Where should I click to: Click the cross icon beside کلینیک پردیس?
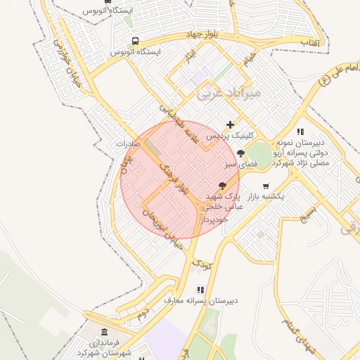pyautogui.click(x=230, y=124)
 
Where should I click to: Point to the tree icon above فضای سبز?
pyautogui.click(x=241, y=153)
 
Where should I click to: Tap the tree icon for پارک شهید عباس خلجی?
pyautogui.click(x=223, y=186)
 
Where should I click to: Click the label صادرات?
pyautogui.click(x=128, y=143)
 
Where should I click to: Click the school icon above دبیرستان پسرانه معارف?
pyautogui.click(x=200, y=289)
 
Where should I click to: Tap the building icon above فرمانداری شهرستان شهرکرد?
pyautogui.click(x=105, y=331)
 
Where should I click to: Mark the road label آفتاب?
pyautogui.click(x=309, y=44)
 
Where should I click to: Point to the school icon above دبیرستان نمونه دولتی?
pyautogui.click(x=300, y=131)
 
